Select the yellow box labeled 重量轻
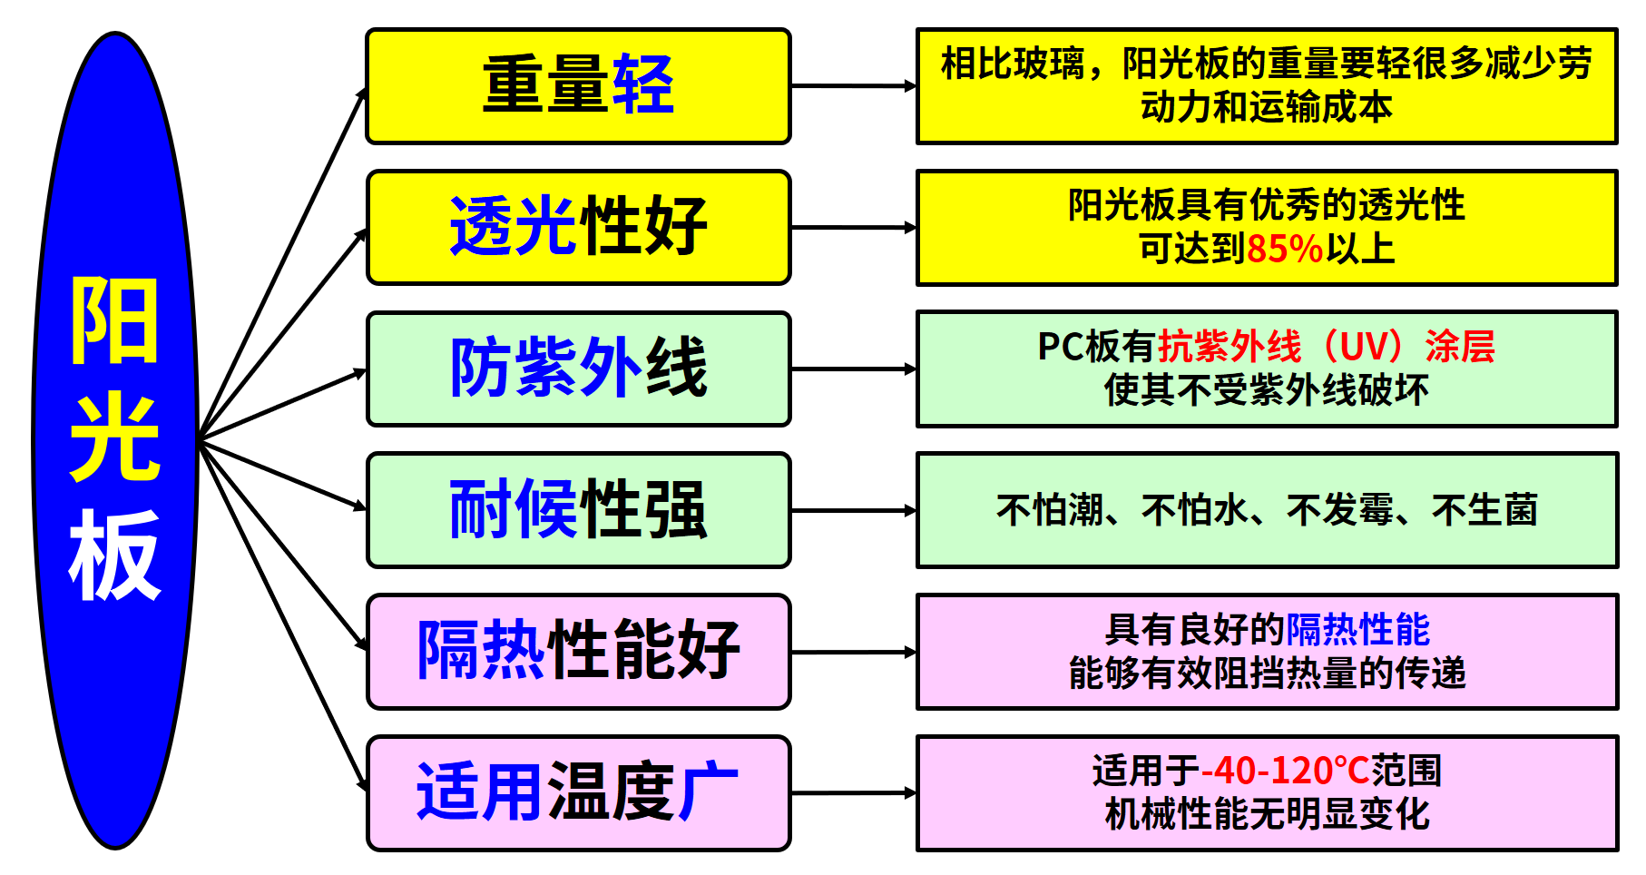tap(578, 86)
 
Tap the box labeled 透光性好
tap(578, 228)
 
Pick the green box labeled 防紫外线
tap(578, 369)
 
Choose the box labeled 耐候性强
tap(578, 511)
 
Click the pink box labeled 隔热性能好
tap(578, 652)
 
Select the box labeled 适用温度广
tap(578, 793)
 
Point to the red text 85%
tap(1285, 249)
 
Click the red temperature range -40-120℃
tap(1285, 771)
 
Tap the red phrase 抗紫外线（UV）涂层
tap(1326, 347)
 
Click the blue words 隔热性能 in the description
tap(1357, 629)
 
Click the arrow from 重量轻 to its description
tap(853, 86)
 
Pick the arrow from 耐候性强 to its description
tap(853, 511)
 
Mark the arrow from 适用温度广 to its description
tap(853, 793)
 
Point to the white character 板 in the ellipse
tap(115, 555)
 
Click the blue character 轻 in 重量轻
tap(643, 84)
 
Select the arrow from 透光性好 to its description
tap(853, 228)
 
